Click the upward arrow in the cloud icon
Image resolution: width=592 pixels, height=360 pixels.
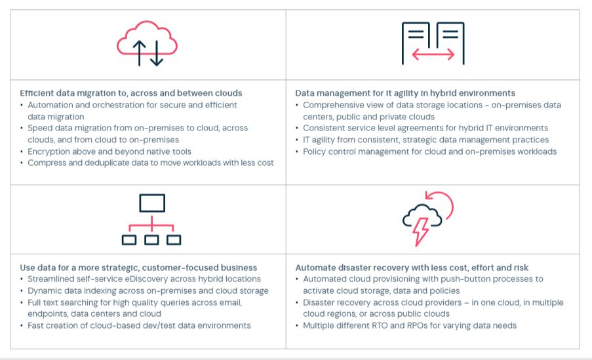pyautogui.click(x=140, y=53)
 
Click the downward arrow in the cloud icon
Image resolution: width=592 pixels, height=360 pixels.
pyautogui.click(x=156, y=53)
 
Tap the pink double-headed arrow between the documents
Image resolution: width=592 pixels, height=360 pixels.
pyautogui.click(x=433, y=54)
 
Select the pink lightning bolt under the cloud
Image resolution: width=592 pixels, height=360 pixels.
pyautogui.click(x=421, y=231)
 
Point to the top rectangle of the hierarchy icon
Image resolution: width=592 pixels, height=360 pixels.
pyautogui.click(x=152, y=203)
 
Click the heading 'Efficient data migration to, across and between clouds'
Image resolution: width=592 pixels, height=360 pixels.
pyautogui.click(x=131, y=93)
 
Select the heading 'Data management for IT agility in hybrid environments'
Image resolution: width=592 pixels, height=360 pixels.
pyautogui.click(x=405, y=93)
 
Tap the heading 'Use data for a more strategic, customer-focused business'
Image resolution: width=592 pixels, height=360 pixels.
pyautogui.click(x=138, y=268)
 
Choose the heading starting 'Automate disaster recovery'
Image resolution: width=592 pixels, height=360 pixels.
pyautogui.click(x=412, y=268)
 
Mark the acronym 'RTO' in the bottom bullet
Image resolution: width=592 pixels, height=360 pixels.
pyautogui.click(x=380, y=325)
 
